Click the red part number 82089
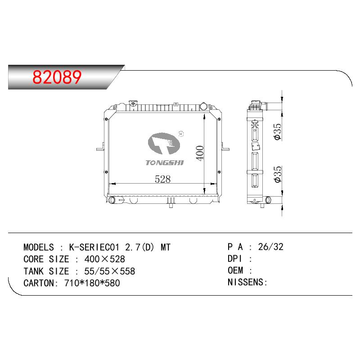click(57, 77)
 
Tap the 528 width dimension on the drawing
click(162, 179)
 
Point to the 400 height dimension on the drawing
click(200, 153)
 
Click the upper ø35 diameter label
click(277, 131)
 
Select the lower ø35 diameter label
click(277, 174)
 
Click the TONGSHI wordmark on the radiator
click(165, 162)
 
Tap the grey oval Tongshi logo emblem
click(164, 144)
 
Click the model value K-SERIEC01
click(94, 247)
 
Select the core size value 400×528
click(104, 259)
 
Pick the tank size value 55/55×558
click(109, 271)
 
